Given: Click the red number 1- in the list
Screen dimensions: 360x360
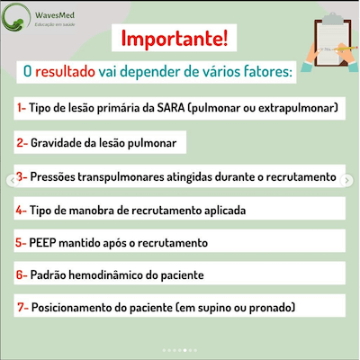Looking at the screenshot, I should (x=22, y=108).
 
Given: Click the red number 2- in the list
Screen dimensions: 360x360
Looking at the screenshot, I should (x=22, y=142).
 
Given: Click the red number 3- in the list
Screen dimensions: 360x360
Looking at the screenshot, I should (x=22, y=176).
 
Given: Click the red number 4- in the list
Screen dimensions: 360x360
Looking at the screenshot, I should (x=22, y=210).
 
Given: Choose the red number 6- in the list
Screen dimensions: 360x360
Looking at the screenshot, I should (x=22, y=275).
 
